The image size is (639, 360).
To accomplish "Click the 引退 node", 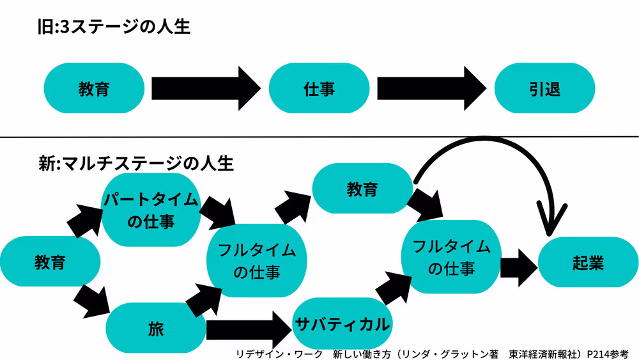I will [545, 88].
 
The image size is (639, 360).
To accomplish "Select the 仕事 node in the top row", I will [319, 88].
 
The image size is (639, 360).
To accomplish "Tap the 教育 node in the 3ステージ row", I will [93, 88].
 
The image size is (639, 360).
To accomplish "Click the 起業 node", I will [588, 263].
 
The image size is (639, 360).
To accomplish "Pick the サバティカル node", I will [342, 324].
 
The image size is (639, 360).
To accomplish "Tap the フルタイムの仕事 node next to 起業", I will [450, 256].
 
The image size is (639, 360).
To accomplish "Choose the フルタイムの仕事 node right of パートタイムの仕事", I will [256, 260].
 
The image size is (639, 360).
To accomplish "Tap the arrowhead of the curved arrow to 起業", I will [551, 224].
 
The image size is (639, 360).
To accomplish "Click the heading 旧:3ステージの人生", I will [114, 27].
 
